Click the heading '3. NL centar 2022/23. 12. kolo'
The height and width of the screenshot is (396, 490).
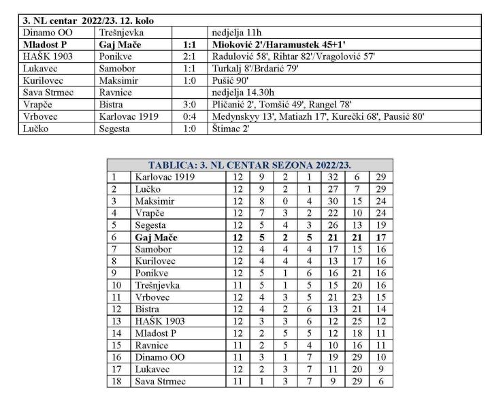pos(88,21)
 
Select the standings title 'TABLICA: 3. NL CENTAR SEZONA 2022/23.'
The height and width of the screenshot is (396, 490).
pos(255,165)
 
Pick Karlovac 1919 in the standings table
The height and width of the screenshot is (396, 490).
pos(165,177)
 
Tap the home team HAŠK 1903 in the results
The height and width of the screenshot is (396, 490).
pos(46,56)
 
